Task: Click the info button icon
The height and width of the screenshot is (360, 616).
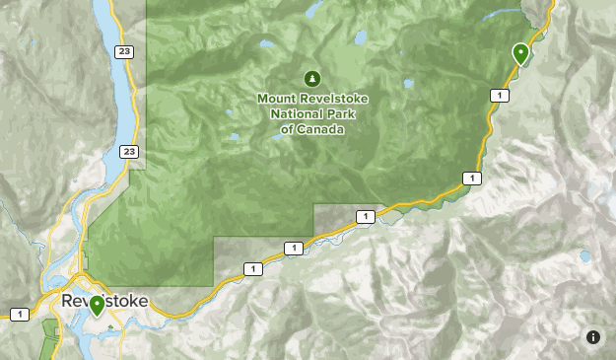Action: coord(593,337)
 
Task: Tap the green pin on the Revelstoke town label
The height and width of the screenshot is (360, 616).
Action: coord(97,305)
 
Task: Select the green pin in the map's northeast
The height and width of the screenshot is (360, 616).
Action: coord(520,52)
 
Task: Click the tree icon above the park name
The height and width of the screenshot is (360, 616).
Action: coord(311,78)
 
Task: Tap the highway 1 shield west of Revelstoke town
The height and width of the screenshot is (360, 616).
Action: coord(19,314)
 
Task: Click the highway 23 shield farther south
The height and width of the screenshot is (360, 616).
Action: coord(129,151)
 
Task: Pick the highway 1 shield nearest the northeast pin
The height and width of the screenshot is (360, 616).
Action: coord(501,95)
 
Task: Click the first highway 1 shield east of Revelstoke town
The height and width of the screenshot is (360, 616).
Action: coord(252,268)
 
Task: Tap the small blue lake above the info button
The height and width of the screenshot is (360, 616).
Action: coord(586,255)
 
